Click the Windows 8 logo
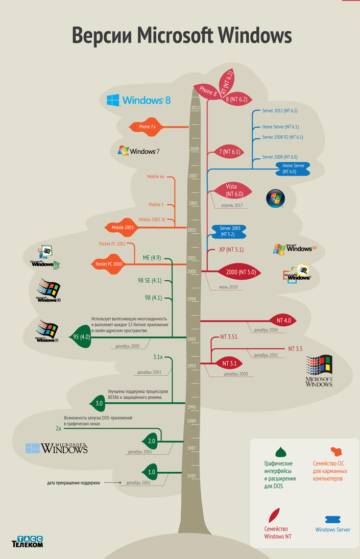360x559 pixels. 138,100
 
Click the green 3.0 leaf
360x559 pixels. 99,403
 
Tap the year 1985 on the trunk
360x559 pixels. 191,476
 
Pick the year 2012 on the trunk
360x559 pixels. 195,108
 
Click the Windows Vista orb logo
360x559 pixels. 276,198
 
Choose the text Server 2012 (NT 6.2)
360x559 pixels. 279,111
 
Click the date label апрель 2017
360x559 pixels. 231,205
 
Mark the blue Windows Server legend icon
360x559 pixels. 333,519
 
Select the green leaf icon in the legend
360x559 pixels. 281,452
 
